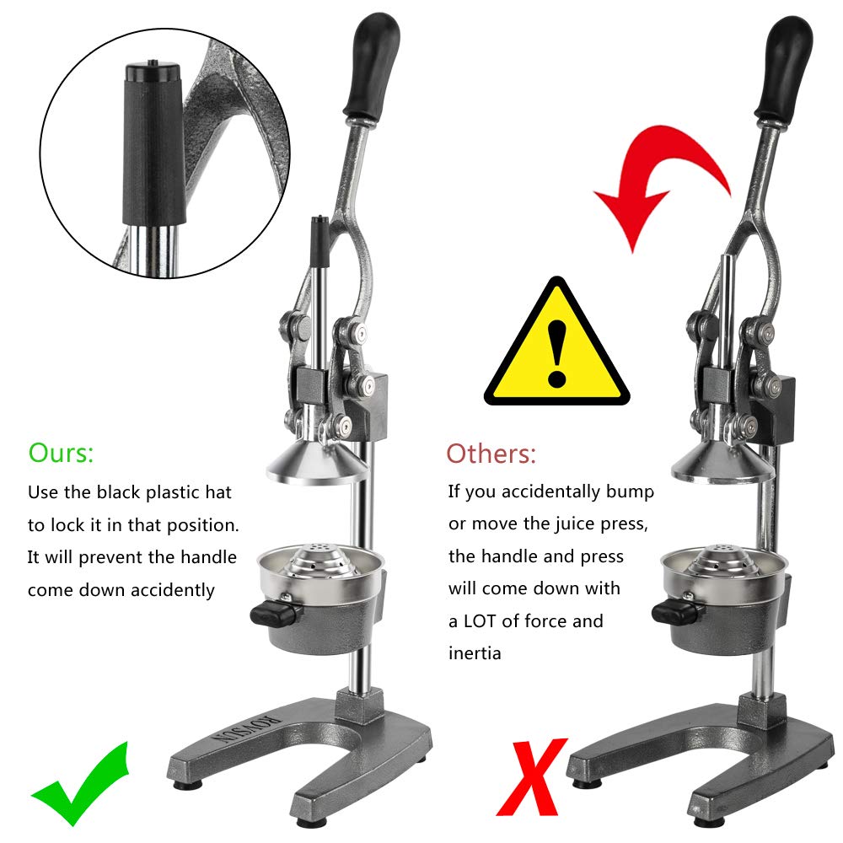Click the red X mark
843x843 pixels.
(x=531, y=777)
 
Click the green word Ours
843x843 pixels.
(x=61, y=453)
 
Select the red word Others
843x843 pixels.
(x=491, y=454)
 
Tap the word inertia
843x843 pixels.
(x=475, y=653)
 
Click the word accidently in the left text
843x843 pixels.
(x=173, y=590)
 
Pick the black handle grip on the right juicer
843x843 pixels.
(x=784, y=69)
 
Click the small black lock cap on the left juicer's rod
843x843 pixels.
(x=319, y=240)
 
